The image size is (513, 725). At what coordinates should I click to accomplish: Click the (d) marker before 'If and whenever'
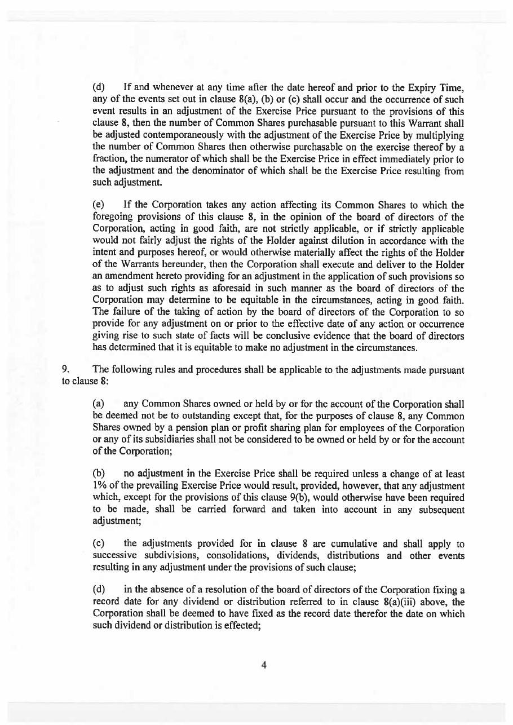(99, 89)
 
